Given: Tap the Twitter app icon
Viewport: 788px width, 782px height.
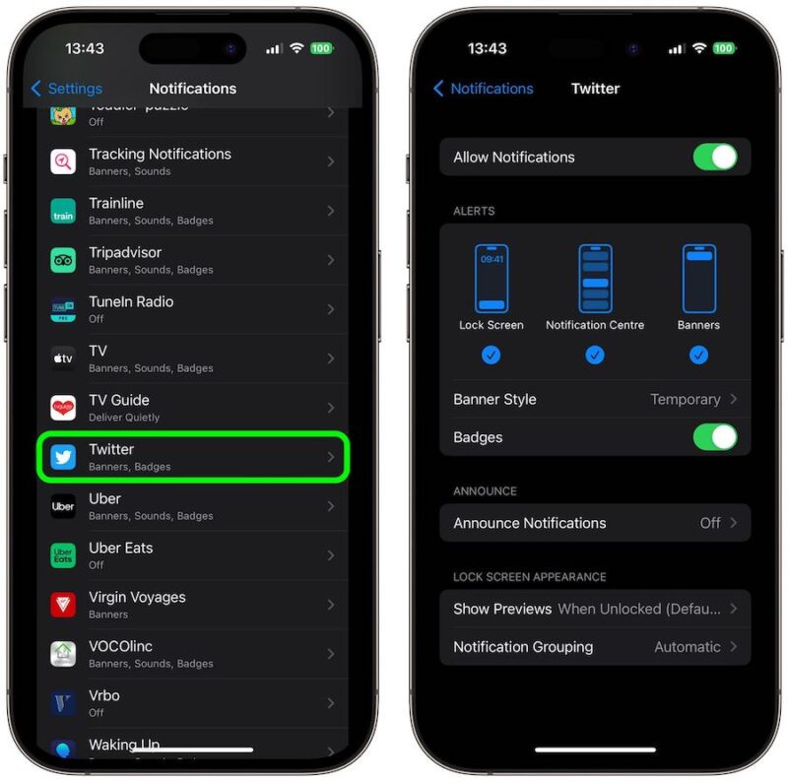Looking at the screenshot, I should click(x=63, y=457).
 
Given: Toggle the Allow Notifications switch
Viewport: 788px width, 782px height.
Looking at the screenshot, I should click(x=714, y=158).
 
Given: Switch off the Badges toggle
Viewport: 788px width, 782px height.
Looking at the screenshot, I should click(x=714, y=437).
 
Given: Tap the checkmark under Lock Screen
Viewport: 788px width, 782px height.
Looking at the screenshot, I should click(x=491, y=356).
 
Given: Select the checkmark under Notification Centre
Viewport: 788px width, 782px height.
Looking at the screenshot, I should click(x=595, y=356).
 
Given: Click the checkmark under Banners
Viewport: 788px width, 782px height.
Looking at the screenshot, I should click(x=698, y=356).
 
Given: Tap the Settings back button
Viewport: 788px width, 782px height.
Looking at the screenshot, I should click(x=66, y=89).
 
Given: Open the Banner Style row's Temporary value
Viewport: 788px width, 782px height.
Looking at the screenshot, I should click(x=686, y=400).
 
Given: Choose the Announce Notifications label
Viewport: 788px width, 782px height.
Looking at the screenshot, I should click(x=529, y=523).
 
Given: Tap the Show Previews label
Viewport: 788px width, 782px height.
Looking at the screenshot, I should click(x=502, y=609).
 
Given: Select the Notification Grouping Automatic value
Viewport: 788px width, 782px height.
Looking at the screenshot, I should click(x=688, y=647).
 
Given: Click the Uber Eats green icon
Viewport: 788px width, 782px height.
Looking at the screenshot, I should click(x=63, y=555).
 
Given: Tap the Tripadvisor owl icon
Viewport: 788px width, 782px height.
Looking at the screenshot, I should click(x=63, y=260).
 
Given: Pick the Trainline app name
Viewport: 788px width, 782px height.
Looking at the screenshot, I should click(x=116, y=204).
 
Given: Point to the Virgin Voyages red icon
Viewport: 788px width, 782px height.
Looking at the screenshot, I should click(x=63, y=605).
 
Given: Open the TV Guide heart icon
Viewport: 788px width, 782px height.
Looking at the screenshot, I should click(x=63, y=408).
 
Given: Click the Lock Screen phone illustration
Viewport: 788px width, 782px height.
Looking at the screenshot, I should click(x=491, y=279).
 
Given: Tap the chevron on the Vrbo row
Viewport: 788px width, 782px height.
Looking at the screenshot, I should click(x=330, y=703).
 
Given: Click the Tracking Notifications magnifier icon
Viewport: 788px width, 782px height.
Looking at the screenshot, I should click(x=63, y=162).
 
